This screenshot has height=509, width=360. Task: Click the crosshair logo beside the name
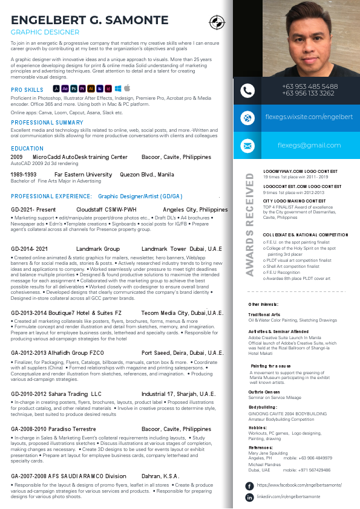(x=216, y=23)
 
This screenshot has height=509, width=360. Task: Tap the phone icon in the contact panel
(x=247, y=91)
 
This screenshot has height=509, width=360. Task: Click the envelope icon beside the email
(x=247, y=146)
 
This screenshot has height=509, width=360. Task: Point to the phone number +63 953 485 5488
(x=309, y=86)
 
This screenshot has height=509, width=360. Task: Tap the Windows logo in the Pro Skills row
(x=118, y=88)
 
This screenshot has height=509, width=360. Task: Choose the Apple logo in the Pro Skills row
(x=127, y=88)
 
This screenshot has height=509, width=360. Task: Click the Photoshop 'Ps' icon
(x=73, y=88)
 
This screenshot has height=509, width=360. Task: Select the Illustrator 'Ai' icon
(x=91, y=88)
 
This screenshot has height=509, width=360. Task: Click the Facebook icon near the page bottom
(x=249, y=485)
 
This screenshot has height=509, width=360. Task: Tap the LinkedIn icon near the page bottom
(x=249, y=497)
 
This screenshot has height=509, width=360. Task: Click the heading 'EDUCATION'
(x=27, y=149)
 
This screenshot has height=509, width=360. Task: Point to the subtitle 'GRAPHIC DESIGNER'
(x=45, y=32)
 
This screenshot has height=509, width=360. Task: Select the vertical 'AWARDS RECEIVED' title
(x=249, y=224)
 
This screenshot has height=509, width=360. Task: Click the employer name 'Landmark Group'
(x=98, y=249)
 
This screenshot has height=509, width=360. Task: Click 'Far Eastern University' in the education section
(x=83, y=175)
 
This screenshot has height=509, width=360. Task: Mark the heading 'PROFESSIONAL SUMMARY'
(x=47, y=123)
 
